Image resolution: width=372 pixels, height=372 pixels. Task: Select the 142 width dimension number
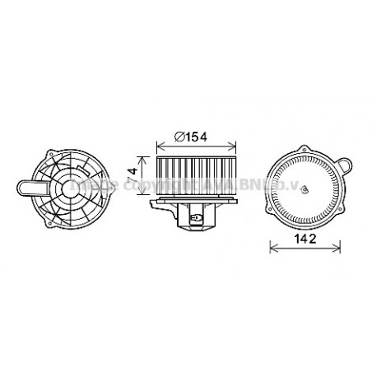point(306,239)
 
